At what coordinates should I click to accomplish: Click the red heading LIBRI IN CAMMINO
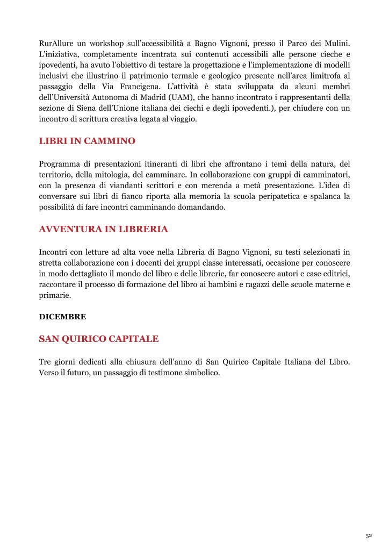click(x=87, y=141)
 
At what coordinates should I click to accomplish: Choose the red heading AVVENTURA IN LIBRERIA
click(x=103, y=230)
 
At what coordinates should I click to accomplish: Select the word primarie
click(x=55, y=295)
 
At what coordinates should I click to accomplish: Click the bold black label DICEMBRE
click(x=62, y=317)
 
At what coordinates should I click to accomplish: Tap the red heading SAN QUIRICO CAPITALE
click(x=99, y=339)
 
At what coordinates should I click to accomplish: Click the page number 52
click(x=369, y=536)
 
